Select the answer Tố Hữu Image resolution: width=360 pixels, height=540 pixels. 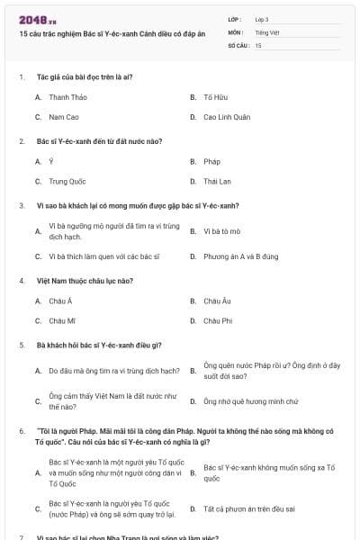tap(213, 97)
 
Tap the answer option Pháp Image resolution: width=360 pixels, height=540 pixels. tap(211, 161)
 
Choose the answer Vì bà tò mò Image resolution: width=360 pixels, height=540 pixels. tap(220, 231)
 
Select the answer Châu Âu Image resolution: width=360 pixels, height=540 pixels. tap(217, 301)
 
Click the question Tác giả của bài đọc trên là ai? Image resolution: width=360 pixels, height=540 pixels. tap(85, 77)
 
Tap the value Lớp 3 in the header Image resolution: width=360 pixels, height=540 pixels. tap(262, 19)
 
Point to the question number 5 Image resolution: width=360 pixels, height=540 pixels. tap(22, 345)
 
